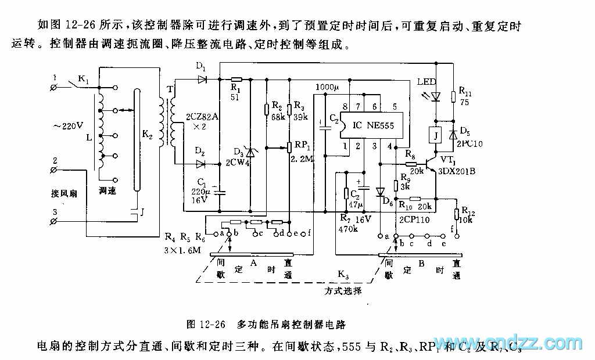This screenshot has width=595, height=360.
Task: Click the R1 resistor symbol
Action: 236,79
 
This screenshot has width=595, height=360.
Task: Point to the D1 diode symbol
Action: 202,79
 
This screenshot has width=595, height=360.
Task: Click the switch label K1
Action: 84,80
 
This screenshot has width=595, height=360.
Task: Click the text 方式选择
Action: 343,290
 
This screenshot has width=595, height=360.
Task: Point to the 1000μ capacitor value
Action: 327,87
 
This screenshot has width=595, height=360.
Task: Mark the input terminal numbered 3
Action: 53,222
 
